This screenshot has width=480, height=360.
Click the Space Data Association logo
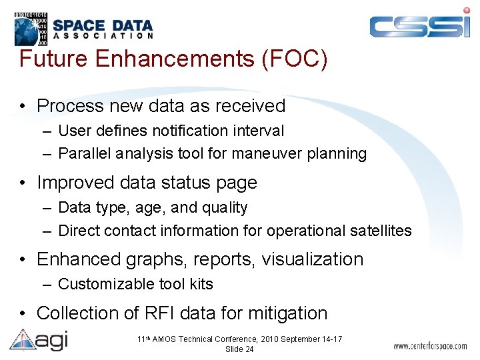84,26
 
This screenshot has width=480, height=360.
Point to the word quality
223,208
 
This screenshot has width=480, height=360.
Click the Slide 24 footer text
239,349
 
